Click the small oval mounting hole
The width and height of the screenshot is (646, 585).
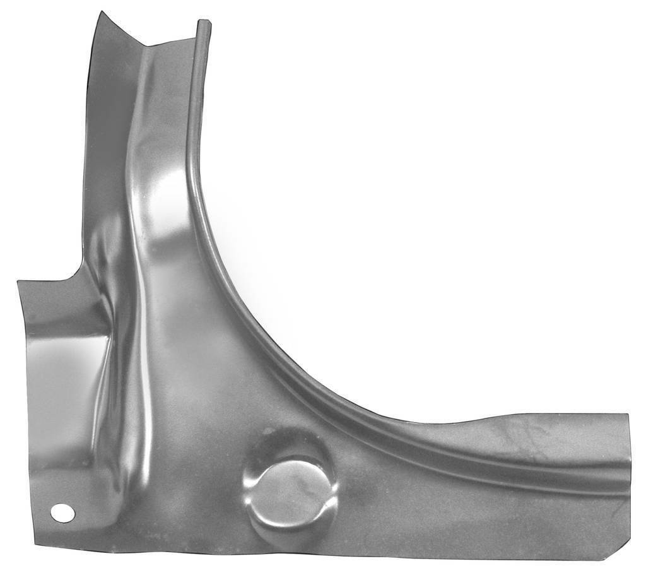(62, 513)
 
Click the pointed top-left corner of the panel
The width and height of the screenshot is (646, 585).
(99, 13)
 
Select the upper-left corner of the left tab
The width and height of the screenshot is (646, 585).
(19, 281)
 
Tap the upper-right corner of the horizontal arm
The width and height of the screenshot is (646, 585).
(628, 415)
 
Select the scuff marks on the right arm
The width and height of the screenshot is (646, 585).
(524, 435)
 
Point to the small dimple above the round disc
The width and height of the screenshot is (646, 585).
(268, 432)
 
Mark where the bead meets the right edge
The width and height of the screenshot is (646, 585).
(629, 480)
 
